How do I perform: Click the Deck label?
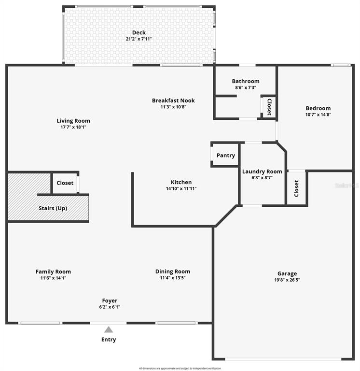coord(138,33)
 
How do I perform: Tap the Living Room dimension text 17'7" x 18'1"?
coord(73,127)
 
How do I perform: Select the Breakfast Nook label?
coord(173,100)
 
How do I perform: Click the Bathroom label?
coord(246,81)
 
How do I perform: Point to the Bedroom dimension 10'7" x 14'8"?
coord(318,114)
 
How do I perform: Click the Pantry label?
coord(226,156)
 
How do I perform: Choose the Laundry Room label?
coord(262,171)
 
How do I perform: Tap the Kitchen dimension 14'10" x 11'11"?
coord(181,188)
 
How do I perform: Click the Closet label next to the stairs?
coord(65,183)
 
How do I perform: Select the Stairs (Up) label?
coord(53,208)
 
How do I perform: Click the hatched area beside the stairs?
coord(27,191)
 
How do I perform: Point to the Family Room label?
coord(53,271)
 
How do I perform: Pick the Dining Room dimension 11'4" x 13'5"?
coord(172,278)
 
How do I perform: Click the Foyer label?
coord(110,300)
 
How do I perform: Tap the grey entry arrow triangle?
coord(109,329)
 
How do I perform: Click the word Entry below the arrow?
coord(109,340)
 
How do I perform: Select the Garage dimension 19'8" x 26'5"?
coord(287,280)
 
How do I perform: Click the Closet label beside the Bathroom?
coord(269,106)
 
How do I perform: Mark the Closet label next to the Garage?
coord(296,188)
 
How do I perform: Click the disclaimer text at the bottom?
coord(180,368)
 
